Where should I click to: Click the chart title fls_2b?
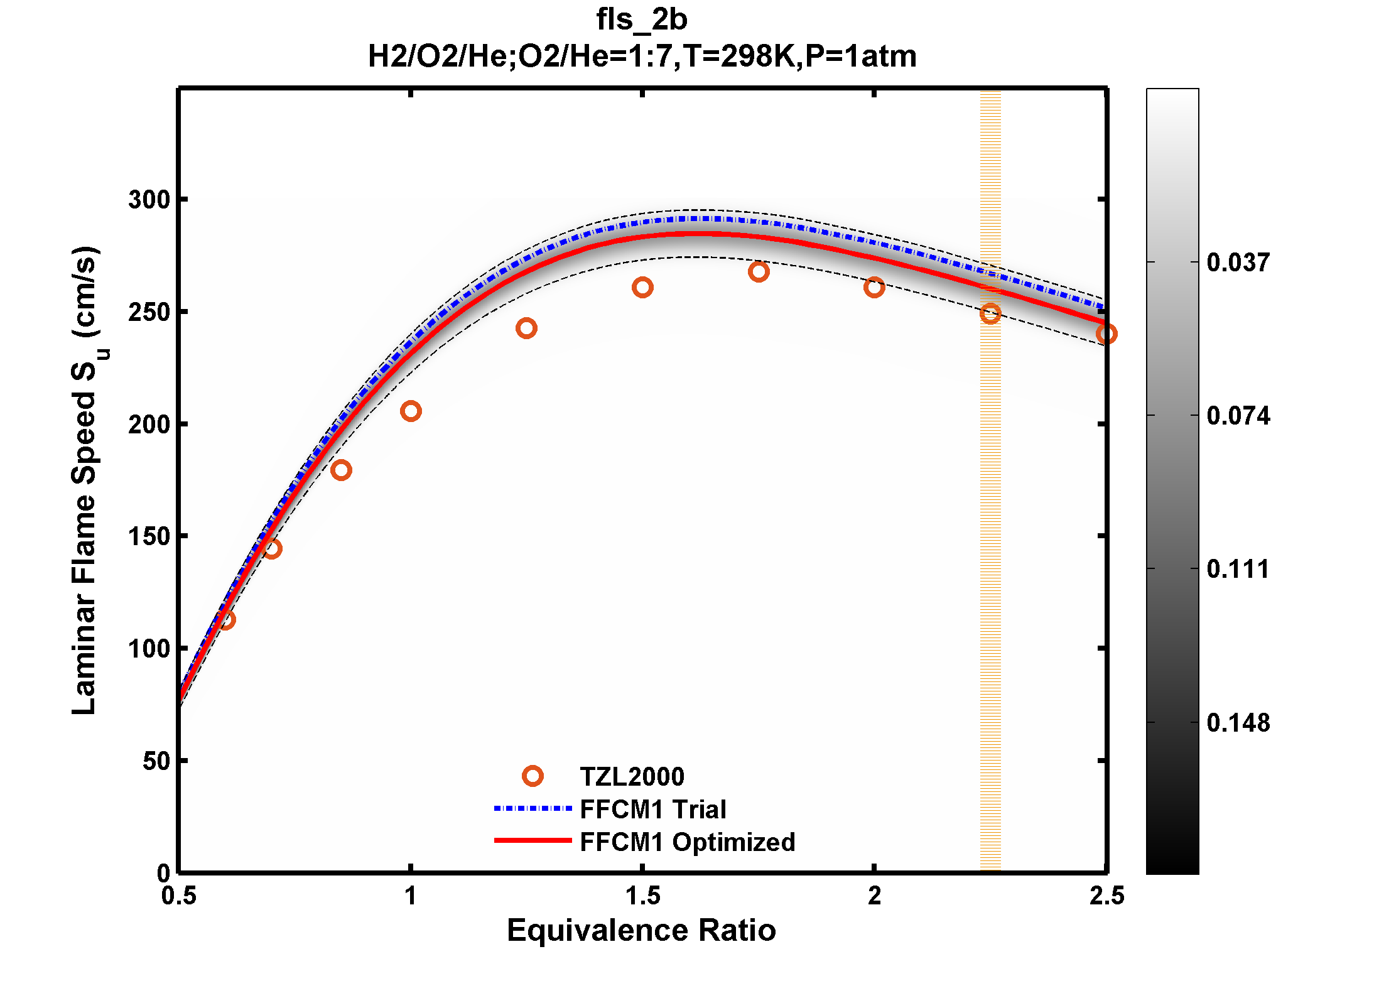coord(641,19)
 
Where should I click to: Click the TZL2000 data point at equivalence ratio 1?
coord(411,411)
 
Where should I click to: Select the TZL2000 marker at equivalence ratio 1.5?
coord(642,288)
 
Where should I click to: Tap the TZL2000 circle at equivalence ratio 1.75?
coord(759,272)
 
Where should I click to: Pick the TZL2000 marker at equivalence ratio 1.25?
coord(526,328)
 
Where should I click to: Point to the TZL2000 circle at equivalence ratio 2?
coord(874,288)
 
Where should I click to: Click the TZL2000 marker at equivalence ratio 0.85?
coord(341,470)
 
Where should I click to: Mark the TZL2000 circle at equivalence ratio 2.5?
coord(1106,334)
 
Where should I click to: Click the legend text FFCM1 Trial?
coord(652,810)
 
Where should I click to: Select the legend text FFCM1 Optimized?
coord(687,842)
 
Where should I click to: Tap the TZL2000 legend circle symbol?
coord(533,776)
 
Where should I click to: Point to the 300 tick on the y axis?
coord(149,200)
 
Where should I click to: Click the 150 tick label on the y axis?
coord(149,536)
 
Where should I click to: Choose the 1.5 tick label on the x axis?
coord(642,896)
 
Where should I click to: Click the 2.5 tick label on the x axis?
coord(1106,896)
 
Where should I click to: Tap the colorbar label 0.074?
coord(1238,416)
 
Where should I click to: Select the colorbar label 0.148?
coord(1238,723)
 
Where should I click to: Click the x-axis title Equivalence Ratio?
coord(641,930)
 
